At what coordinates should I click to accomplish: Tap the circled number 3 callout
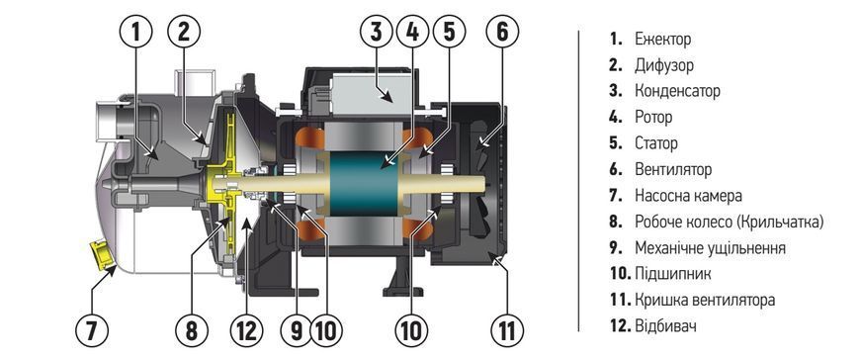click(x=377, y=33)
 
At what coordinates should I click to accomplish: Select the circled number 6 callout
click(x=502, y=33)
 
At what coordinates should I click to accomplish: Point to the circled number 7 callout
click(x=92, y=330)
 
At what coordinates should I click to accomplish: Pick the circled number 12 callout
click(x=246, y=330)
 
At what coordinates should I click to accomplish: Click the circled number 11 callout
click(x=507, y=330)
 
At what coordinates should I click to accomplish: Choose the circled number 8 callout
click(x=192, y=330)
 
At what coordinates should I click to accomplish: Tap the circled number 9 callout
click(x=297, y=330)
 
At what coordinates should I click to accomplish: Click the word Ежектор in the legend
click(x=662, y=40)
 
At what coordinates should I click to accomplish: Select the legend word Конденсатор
click(x=677, y=91)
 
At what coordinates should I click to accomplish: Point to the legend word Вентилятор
click(x=673, y=169)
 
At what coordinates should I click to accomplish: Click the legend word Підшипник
click(x=673, y=274)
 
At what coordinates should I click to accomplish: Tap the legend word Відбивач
click(x=665, y=326)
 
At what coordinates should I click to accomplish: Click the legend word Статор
click(x=656, y=143)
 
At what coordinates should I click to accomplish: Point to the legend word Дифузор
click(x=664, y=66)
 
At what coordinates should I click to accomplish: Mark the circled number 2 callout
click(x=184, y=33)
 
